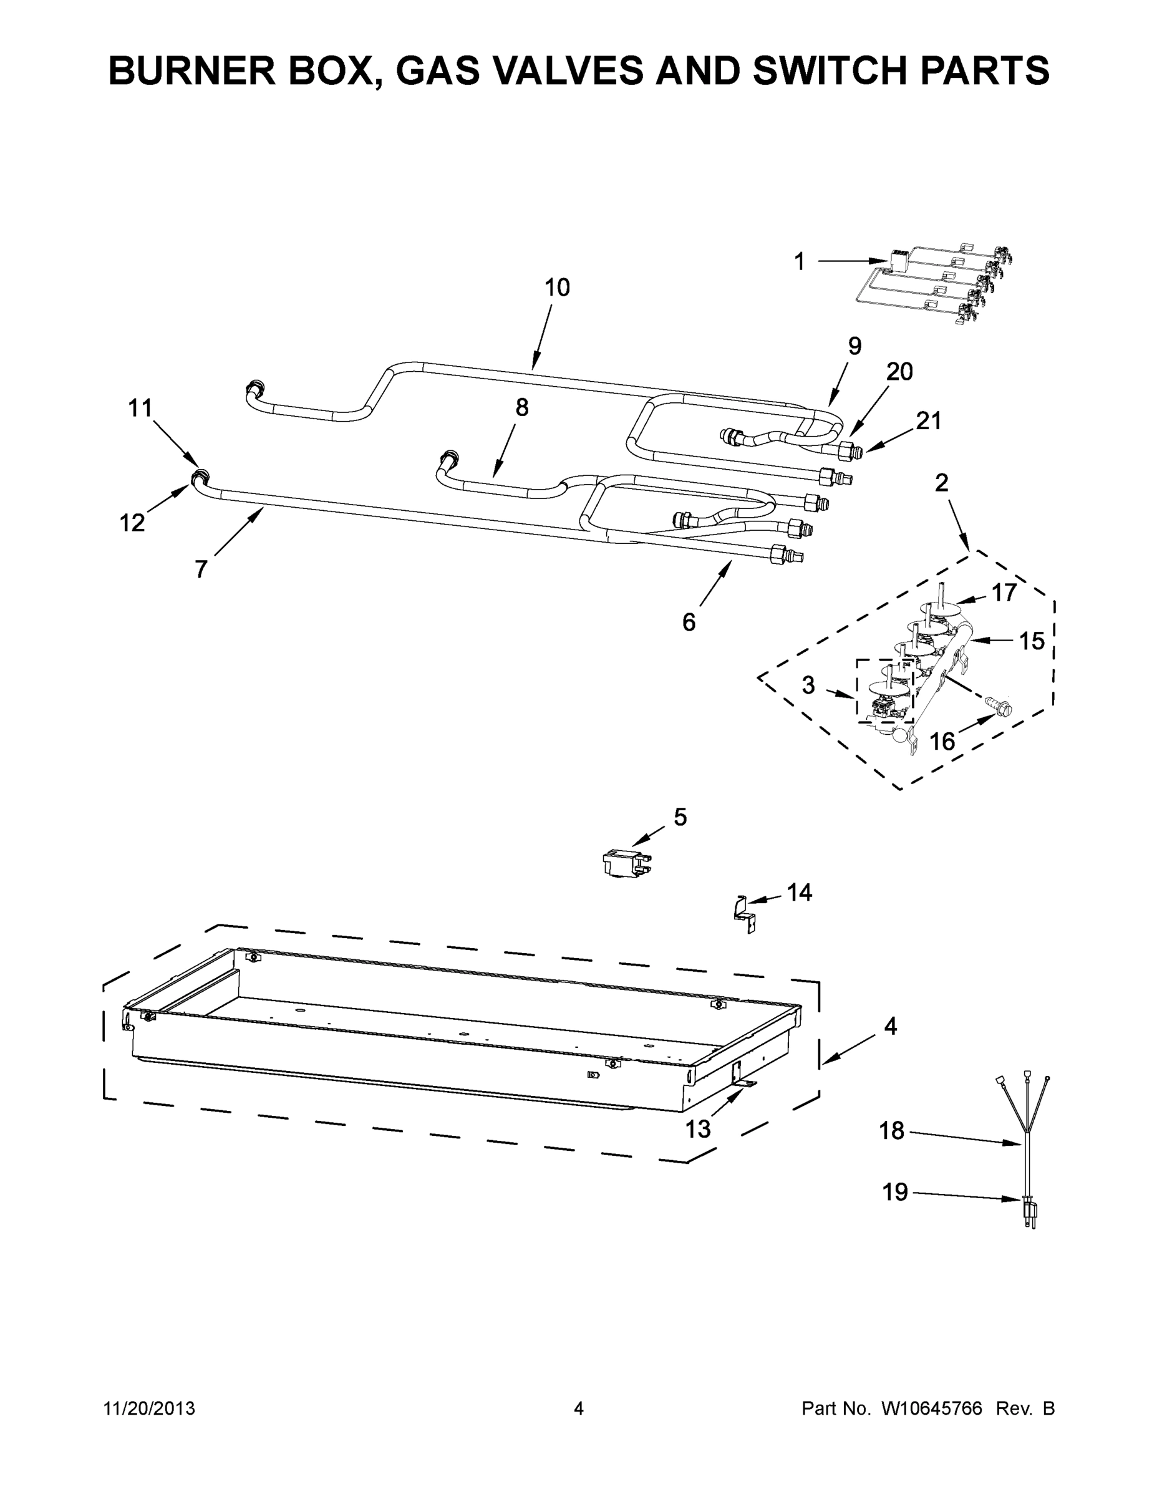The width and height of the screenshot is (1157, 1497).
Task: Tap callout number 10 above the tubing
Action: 556,288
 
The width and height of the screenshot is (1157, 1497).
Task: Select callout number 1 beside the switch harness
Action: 799,262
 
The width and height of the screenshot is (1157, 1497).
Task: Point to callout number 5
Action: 680,817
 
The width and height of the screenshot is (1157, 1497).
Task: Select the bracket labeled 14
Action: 743,915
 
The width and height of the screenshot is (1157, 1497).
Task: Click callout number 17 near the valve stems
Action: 1004,593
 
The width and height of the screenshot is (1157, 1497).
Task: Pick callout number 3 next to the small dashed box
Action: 809,685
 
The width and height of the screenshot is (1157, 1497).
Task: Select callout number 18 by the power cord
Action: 892,1131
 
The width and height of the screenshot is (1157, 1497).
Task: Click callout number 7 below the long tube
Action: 201,569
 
